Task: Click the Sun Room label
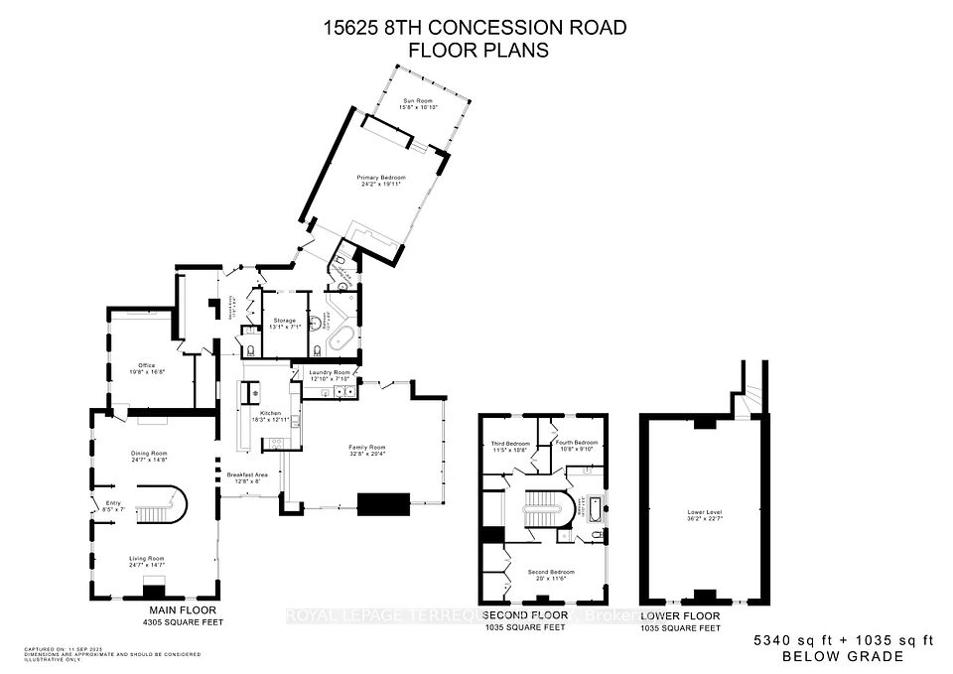click(x=418, y=101)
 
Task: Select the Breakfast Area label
click(x=247, y=475)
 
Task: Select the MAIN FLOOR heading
click(x=182, y=609)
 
